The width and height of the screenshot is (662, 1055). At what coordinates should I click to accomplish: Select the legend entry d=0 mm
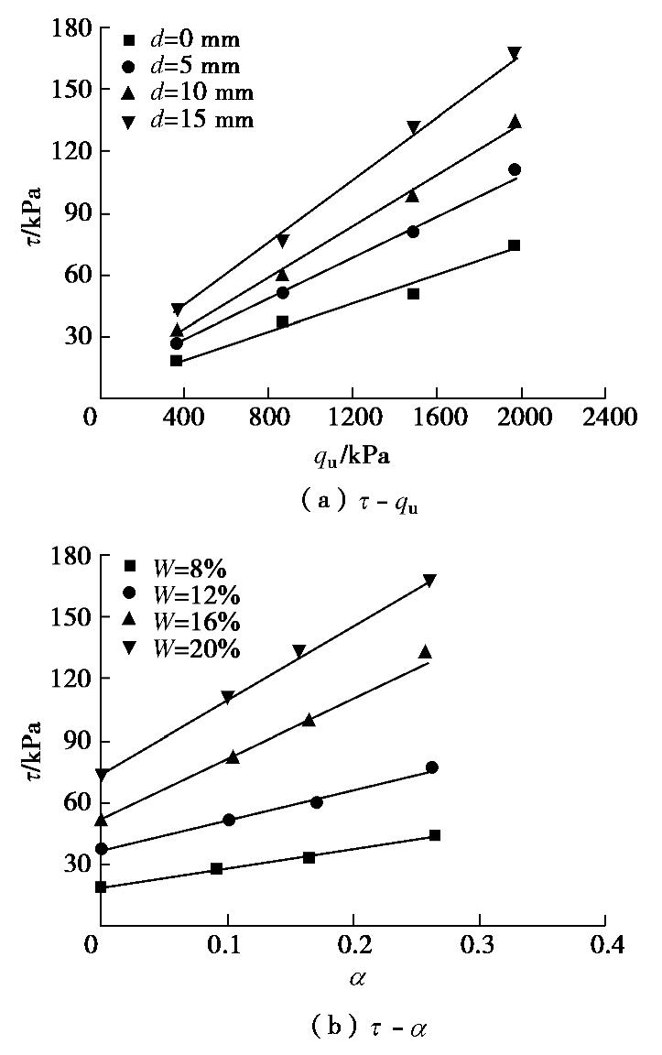pos(184,39)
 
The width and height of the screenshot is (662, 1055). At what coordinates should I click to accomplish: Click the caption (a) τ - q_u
pos(351,501)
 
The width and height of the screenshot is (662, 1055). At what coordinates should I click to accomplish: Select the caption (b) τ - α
pos(351,1028)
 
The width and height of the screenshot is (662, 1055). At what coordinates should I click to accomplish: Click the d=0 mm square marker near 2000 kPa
pos(515,245)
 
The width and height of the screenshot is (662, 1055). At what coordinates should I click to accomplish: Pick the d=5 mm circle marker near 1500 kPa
pos(413,232)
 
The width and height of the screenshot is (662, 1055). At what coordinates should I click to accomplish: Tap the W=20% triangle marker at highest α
pos(429,580)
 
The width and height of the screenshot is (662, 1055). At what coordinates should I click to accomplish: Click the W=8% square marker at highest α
pos(435,835)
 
